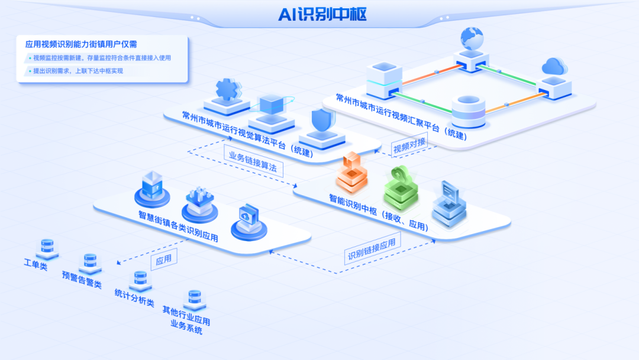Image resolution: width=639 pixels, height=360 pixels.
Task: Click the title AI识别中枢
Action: [x=322, y=15]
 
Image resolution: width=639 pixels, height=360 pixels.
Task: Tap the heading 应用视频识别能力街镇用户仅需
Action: [x=82, y=44]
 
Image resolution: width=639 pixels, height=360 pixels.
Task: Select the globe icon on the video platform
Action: [x=471, y=40]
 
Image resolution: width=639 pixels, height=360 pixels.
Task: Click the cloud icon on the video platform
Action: [x=554, y=66]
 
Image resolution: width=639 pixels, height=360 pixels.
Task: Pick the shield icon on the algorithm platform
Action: [x=322, y=123]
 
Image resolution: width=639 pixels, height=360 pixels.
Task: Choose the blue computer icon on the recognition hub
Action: [x=449, y=204]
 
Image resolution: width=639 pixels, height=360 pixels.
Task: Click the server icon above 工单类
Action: [x=47, y=247]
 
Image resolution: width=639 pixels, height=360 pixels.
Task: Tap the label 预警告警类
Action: [x=82, y=280]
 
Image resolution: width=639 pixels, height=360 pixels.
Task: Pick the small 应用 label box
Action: [x=163, y=259]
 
